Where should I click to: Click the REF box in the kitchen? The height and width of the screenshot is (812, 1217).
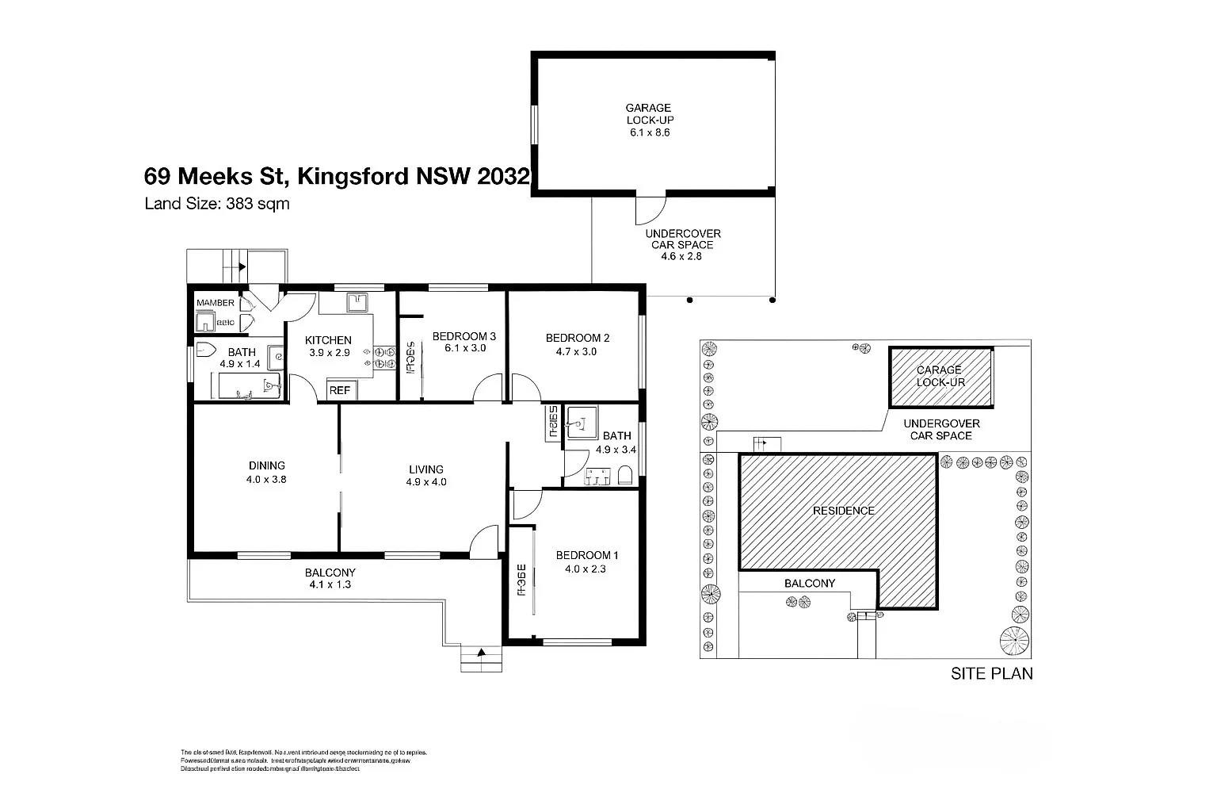click(340, 390)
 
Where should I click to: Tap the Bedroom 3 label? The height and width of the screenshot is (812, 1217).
click(464, 337)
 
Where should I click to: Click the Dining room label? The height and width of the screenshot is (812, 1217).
click(266, 465)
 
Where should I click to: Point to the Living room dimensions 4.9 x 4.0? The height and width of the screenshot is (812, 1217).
click(425, 481)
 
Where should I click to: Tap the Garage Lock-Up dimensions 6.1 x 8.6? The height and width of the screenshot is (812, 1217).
click(649, 132)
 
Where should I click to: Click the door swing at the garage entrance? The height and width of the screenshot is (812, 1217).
click(647, 210)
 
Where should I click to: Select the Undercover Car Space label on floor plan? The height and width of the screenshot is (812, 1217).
click(682, 239)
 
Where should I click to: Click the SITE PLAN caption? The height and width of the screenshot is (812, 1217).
click(991, 674)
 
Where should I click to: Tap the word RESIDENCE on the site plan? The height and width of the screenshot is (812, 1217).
click(843, 511)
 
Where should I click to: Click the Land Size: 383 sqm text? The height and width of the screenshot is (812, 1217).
click(216, 204)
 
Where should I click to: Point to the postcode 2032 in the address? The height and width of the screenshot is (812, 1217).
click(502, 176)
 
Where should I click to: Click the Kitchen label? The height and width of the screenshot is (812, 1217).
click(328, 340)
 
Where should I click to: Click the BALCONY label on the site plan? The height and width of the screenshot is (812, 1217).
click(809, 583)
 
